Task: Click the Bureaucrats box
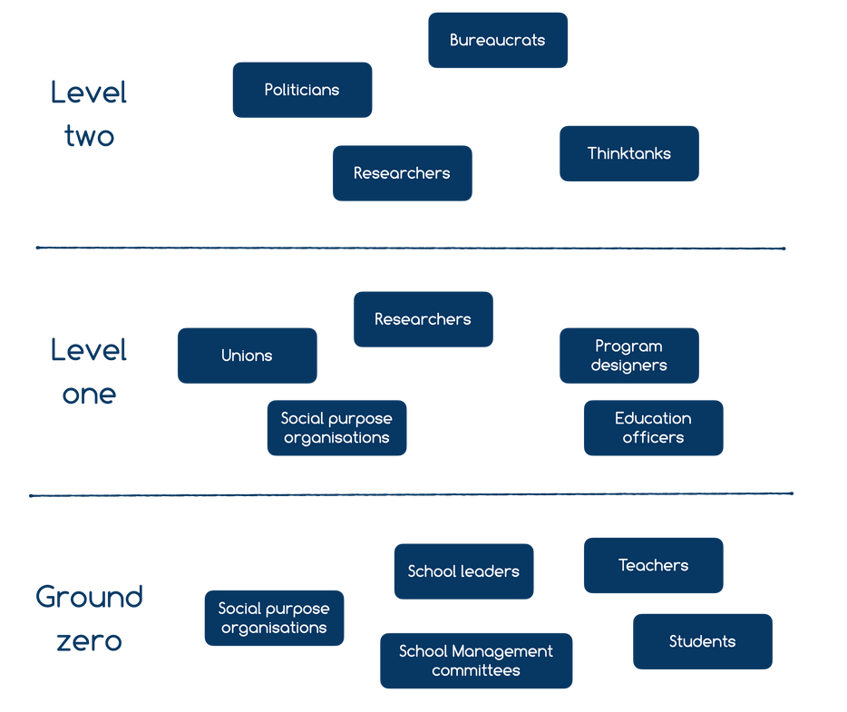point(497,40)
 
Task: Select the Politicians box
point(302,90)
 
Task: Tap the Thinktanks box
point(628,153)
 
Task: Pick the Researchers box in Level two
point(402,172)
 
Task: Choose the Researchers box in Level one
point(423,319)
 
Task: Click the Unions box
point(247,356)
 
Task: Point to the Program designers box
point(628,356)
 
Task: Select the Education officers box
point(653,427)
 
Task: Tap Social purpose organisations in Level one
point(336,427)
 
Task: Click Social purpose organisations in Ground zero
point(274,618)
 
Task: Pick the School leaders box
point(463,571)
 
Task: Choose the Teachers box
point(653,565)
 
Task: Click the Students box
point(702,641)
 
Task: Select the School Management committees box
point(476,660)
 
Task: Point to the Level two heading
point(89,114)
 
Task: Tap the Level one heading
point(89,372)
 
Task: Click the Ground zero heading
point(89,619)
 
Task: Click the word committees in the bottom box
point(476,671)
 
